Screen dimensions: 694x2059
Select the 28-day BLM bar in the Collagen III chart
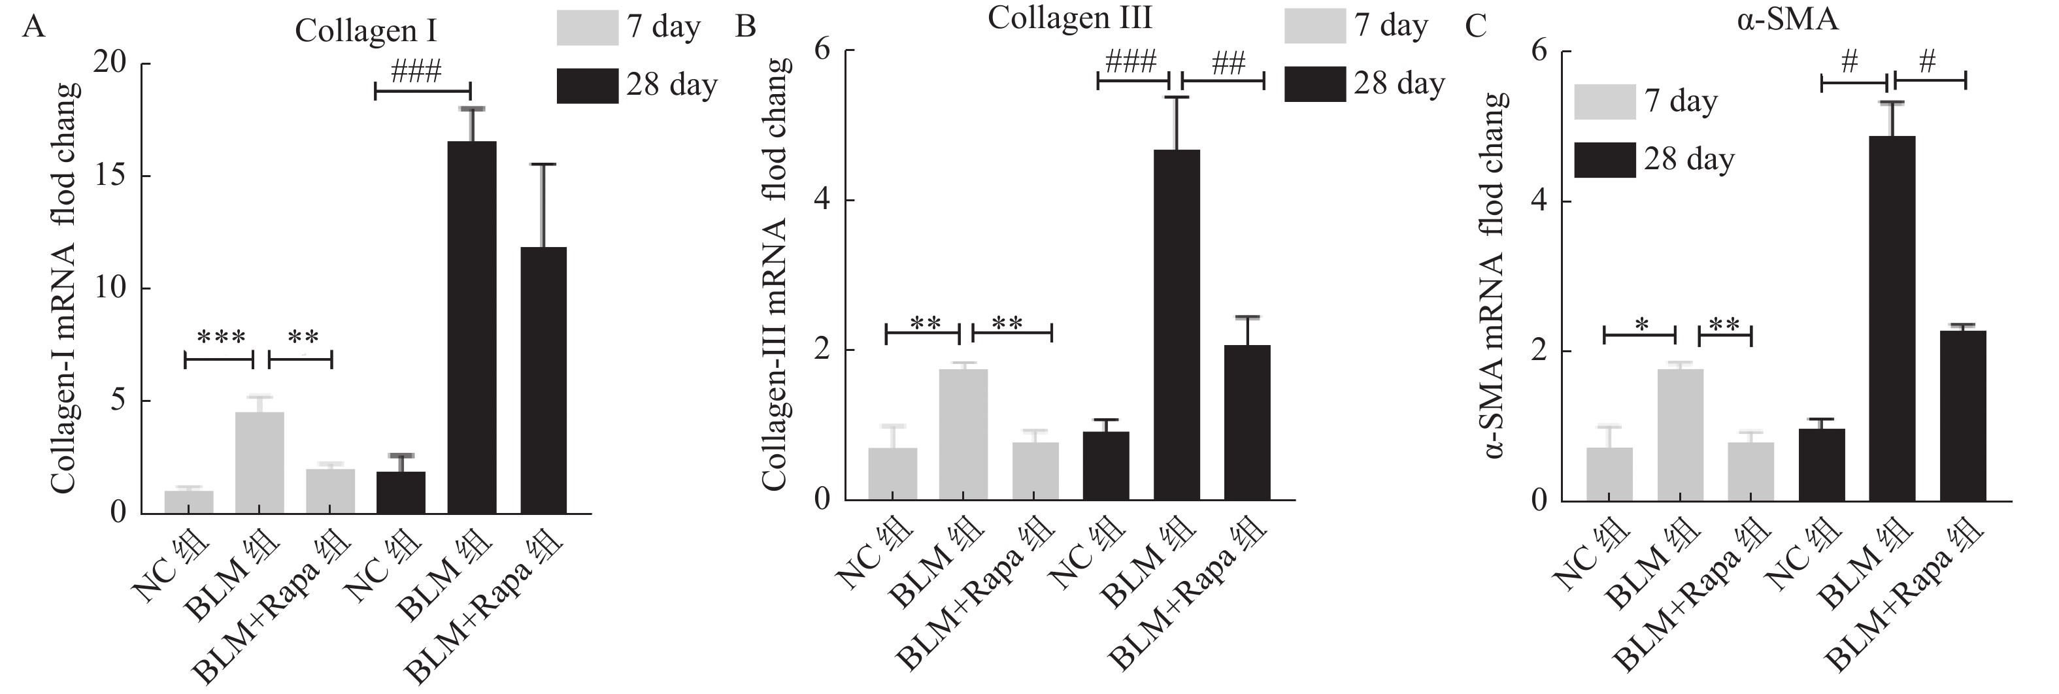pos(1177,324)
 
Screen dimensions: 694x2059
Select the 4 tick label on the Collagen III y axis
pos(824,201)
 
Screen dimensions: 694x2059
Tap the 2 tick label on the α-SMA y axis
pos(1539,352)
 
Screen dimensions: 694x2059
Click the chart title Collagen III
pos(1069,18)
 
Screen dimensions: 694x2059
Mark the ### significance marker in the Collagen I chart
pos(416,72)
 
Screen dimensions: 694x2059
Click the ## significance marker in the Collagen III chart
pos(1228,63)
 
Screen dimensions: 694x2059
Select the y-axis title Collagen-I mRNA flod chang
pos(65,288)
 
